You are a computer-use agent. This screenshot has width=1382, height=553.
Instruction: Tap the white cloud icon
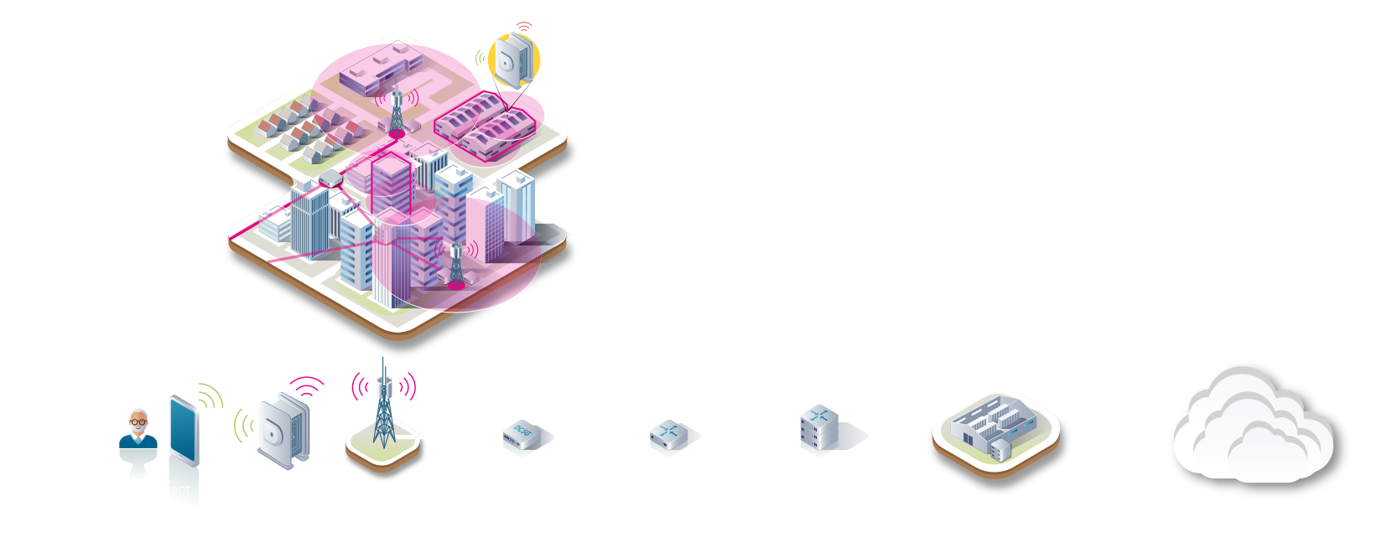tap(1254, 427)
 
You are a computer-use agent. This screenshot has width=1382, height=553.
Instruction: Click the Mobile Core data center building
tap(996, 432)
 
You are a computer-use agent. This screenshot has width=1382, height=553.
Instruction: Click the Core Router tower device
tap(818, 430)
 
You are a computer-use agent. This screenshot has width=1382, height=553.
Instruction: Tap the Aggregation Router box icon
tap(669, 436)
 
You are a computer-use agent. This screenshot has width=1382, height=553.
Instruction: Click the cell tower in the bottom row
tap(384, 411)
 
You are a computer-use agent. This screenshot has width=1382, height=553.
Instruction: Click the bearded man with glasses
tap(138, 431)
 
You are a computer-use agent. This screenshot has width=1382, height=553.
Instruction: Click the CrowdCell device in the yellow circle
tap(512, 60)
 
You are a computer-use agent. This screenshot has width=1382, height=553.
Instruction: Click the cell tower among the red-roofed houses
tap(397, 113)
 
